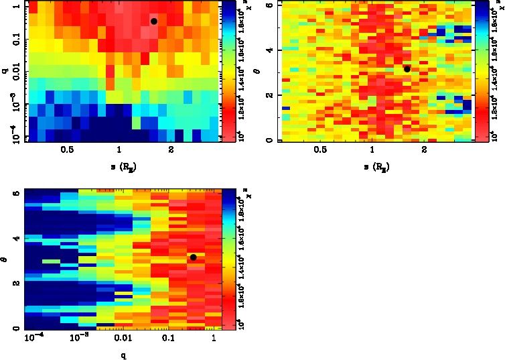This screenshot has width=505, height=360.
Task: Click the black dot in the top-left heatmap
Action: [x=153, y=21]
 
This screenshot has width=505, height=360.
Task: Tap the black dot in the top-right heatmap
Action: [x=407, y=69]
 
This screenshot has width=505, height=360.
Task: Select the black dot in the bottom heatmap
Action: [x=193, y=257]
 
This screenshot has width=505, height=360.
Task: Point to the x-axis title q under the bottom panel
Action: [x=124, y=355]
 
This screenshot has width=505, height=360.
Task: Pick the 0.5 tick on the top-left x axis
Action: [x=67, y=152]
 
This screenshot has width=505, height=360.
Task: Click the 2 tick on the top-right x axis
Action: [x=425, y=152]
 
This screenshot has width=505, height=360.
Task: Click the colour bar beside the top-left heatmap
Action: [x=228, y=70]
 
